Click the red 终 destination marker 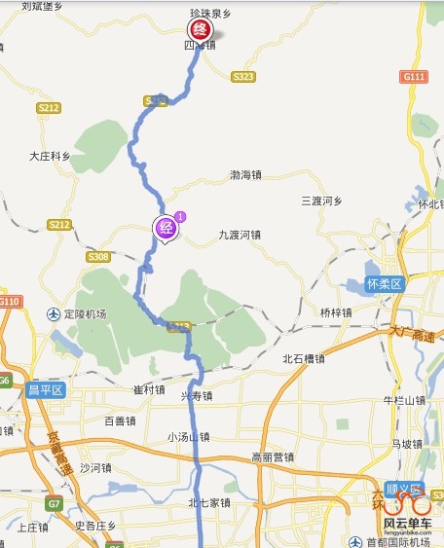coord(200,30)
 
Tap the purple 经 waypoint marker coord(166,229)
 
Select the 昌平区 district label coord(45,390)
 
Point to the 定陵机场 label coord(78,313)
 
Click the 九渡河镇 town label coord(240,235)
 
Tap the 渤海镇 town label coord(245,176)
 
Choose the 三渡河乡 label coord(322,201)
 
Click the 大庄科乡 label coord(50,156)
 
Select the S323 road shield coord(243,76)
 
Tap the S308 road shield coord(97,256)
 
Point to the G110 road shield coord(10,302)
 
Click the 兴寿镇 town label coord(196,396)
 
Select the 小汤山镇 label coord(188,436)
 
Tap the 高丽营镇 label coord(273,457)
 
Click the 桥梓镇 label coord(335,312)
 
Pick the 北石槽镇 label coord(303,358)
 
